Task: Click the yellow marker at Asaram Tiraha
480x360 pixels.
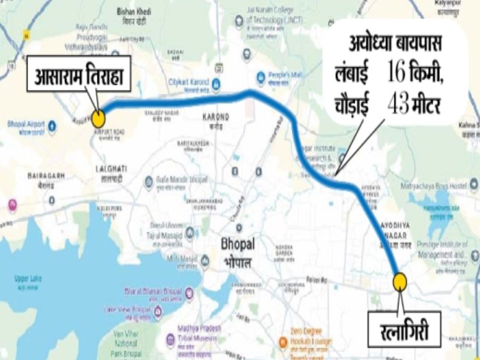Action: coord(98,119)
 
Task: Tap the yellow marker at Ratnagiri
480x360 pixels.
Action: coord(400,281)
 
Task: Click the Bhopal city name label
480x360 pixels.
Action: coord(237,249)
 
